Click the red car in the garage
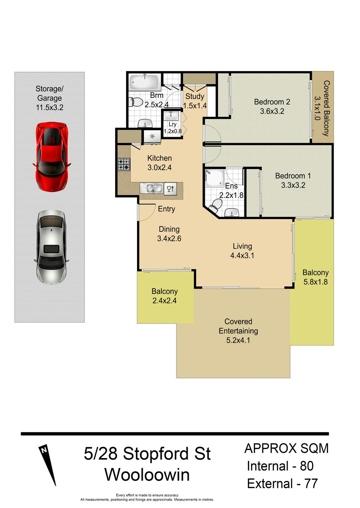52,156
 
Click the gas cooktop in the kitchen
124,165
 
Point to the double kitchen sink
151,188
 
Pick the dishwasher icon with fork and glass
171,188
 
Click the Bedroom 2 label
272,102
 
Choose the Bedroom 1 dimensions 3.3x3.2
293,185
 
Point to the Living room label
242,246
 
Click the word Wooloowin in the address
147,475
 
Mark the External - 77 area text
282,483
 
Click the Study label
195,96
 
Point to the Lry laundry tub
171,116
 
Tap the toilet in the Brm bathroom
135,102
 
